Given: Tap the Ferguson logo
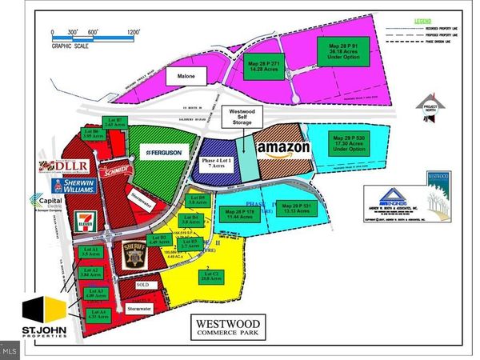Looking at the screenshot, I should click(x=163, y=151).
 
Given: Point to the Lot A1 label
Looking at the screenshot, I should click(x=90, y=254).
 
